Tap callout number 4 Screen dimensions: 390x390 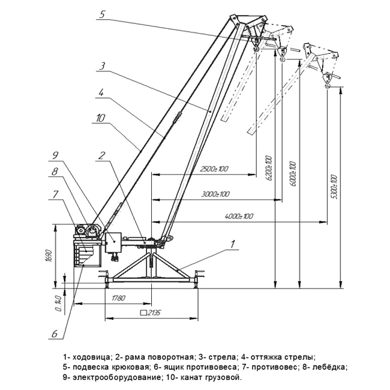[101, 93]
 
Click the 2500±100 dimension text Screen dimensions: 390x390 [215, 169]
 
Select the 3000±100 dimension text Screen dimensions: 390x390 [216, 195]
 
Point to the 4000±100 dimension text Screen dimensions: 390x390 [239, 215]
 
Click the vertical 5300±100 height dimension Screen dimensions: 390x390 [334, 185]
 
